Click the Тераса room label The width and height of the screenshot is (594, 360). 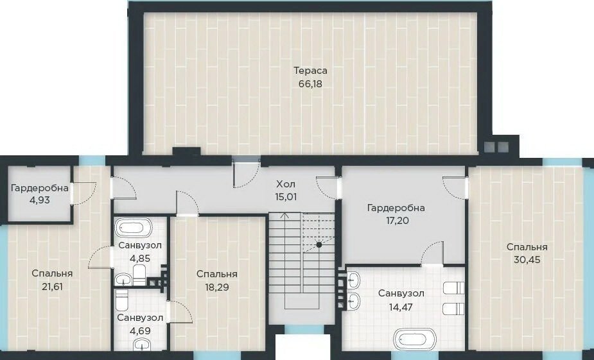[310, 71]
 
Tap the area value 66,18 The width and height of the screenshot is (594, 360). [310, 83]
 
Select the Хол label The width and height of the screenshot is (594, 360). [286, 184]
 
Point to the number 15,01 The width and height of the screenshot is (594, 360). [286, 197]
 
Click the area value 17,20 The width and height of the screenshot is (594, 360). [396, 220]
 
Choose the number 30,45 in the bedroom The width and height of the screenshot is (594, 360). [527, 260]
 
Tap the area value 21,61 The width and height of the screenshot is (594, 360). [52, 287]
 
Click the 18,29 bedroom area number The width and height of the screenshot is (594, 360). [217, 287]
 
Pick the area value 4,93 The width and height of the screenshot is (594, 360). [39, 200]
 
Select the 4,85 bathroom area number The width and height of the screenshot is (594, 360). [140, 259]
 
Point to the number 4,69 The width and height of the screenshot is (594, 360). [140, 331]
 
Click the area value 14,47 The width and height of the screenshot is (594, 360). [401, 306]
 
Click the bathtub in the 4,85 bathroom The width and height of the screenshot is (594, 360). [133, 228]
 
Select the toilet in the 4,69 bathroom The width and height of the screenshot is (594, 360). [122, 300]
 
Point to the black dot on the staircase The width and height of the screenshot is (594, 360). [319, 245]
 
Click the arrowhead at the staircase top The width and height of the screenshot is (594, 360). [285, 216]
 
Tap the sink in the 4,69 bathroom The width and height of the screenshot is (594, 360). [143, 345]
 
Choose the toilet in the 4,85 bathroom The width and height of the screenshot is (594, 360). [139, 275]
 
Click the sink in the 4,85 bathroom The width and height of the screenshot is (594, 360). [123, 280]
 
